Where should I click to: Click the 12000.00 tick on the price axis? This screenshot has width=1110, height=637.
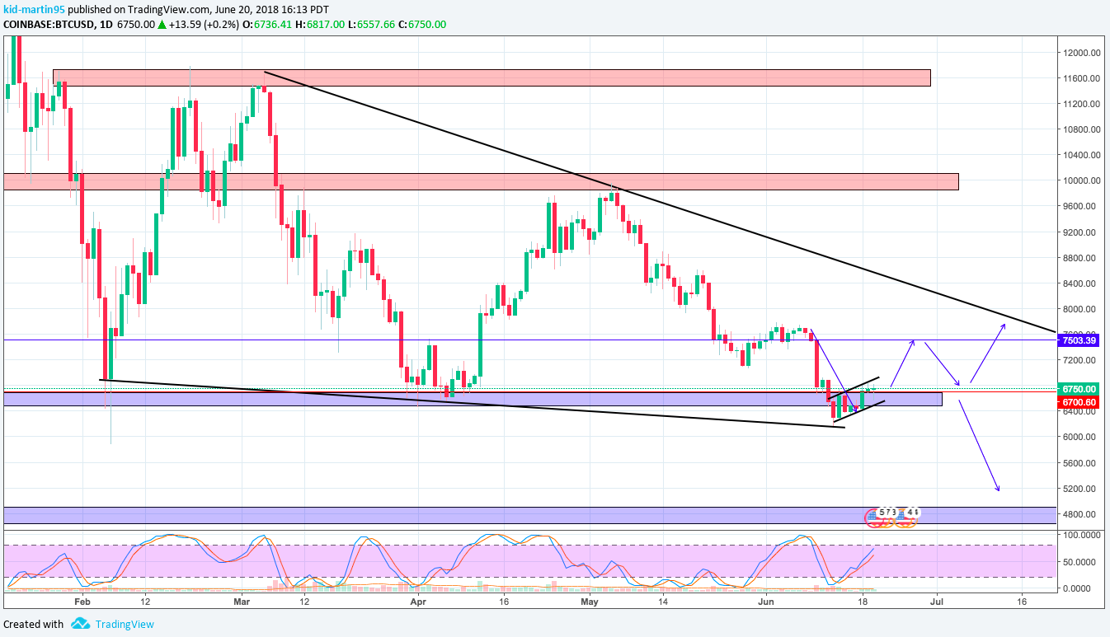1081,53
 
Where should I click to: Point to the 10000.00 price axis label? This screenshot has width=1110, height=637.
1081,180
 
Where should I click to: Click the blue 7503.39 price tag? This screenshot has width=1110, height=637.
1079,340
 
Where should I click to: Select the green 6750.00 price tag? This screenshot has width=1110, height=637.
1079,389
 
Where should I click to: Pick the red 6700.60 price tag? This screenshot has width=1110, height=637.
1079,401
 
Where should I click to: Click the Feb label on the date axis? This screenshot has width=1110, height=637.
81,602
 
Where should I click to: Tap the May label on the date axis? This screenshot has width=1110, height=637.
589,602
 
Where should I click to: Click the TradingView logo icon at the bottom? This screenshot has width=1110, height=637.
80,624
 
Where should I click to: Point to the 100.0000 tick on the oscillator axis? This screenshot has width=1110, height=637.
1081,535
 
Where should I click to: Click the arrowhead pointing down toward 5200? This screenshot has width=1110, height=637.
998,490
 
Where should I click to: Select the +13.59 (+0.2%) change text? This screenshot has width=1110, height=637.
203,24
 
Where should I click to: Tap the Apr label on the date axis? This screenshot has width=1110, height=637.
418,602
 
